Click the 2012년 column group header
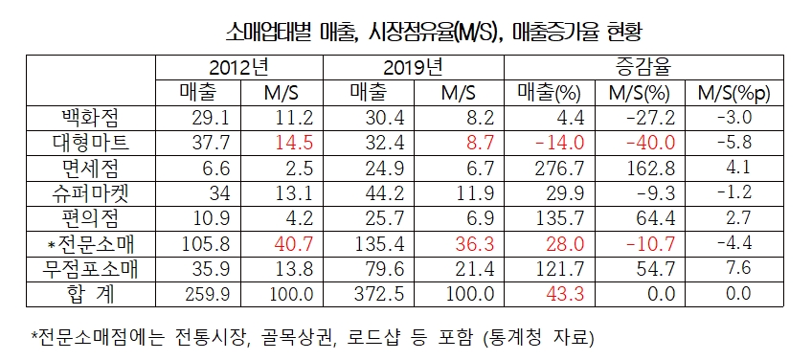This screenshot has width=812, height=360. (239, 69)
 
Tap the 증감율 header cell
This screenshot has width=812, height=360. (642, 69)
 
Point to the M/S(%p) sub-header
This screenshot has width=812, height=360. (733, 93)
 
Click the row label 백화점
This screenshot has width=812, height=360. (90, 118)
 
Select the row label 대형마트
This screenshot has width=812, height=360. (90, 143)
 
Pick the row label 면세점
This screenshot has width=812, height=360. (90, 168)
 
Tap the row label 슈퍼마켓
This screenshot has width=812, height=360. (90, 192)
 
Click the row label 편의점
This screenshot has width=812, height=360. (90, 217)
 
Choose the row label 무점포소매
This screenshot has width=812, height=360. (90, 267)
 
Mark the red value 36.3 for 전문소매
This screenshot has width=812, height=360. (473, 242)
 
